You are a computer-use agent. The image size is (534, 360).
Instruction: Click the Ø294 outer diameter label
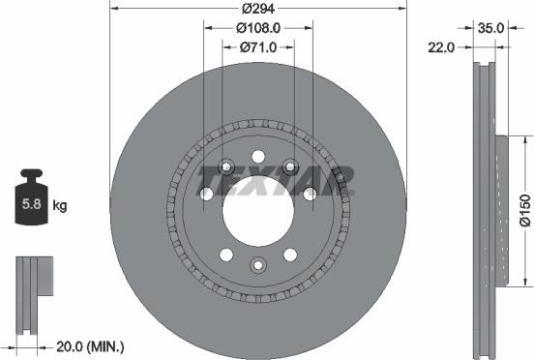tap(256, 8)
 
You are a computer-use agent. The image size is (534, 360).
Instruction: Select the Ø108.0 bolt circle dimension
tap(256, 28)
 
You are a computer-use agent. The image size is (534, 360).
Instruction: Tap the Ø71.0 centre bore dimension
tap(256, 46)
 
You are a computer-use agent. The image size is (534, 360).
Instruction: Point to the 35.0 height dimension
tap(491, 28)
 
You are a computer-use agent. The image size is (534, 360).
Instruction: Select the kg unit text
tap(59, 205)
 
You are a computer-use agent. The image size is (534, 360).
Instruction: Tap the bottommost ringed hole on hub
tap(257, 264)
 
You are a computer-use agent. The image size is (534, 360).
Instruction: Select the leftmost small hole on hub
tap(205, 195)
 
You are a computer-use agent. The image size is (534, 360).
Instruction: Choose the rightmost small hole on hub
tap(310, 195)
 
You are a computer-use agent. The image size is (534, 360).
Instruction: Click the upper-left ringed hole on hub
tap(225, 164)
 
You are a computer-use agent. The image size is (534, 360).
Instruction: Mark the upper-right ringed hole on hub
tap(289, 164)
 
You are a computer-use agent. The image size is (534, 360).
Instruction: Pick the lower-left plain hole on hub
tap(225, 255)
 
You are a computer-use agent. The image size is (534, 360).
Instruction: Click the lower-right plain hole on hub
tap(289, 255)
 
